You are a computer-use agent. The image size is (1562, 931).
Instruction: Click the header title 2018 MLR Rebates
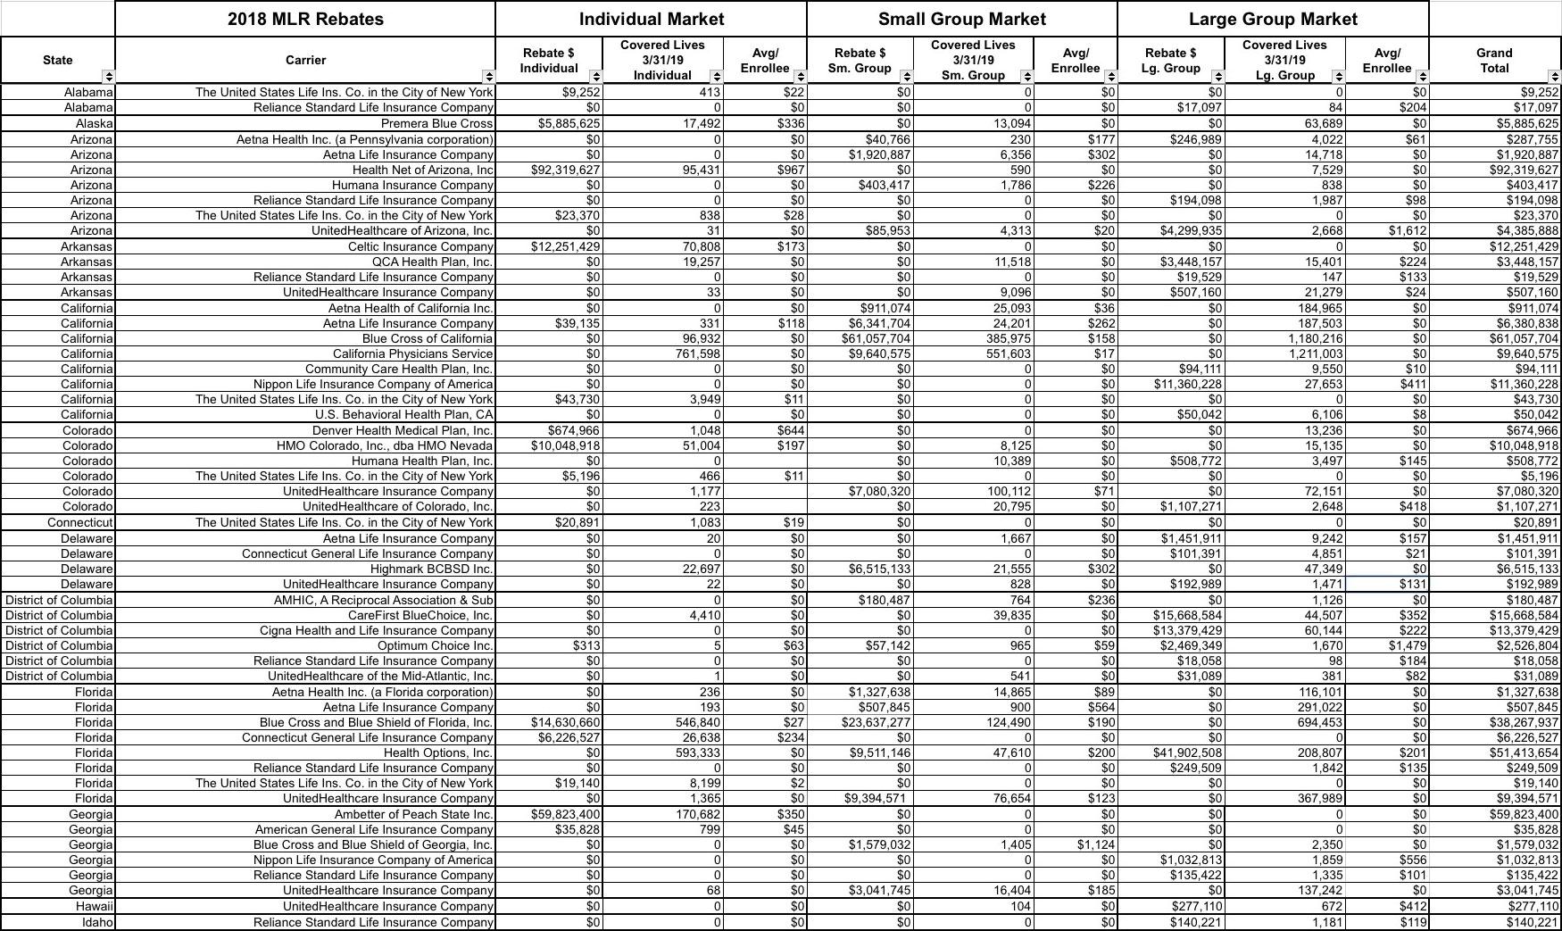305,19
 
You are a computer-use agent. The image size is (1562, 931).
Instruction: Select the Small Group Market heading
961,19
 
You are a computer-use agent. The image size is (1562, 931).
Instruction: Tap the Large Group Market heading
1273,19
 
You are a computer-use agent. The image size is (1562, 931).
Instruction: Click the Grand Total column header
1493,60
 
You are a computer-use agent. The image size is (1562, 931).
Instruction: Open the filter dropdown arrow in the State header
108,76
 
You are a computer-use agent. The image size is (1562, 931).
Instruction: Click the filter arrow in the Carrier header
488,76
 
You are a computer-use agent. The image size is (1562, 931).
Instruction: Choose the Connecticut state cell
80,522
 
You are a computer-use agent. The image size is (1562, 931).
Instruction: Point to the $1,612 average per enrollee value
1407,231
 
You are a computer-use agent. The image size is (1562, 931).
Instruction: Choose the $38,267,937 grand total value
1524,722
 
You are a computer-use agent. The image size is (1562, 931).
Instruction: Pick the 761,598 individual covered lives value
694,353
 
